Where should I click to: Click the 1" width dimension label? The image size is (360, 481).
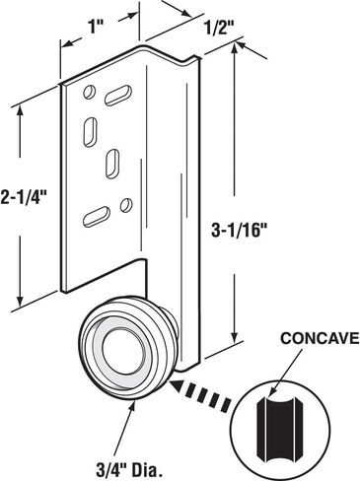(97, 27)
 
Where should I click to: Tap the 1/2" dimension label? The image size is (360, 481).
(221, 29)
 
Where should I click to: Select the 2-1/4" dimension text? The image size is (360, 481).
(25, 197)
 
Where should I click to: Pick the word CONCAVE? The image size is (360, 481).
(320, 338)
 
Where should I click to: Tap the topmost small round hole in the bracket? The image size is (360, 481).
(89, 92)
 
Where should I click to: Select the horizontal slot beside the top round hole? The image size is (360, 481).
(118, 96)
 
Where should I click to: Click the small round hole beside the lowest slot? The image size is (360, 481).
(126, 205)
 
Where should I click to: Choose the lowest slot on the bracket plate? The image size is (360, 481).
(97, 216)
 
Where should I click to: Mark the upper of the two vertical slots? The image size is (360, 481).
(91, 132)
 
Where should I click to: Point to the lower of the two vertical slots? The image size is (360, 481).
(112, 164)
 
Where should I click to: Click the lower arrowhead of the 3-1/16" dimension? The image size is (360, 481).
(234, 337)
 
